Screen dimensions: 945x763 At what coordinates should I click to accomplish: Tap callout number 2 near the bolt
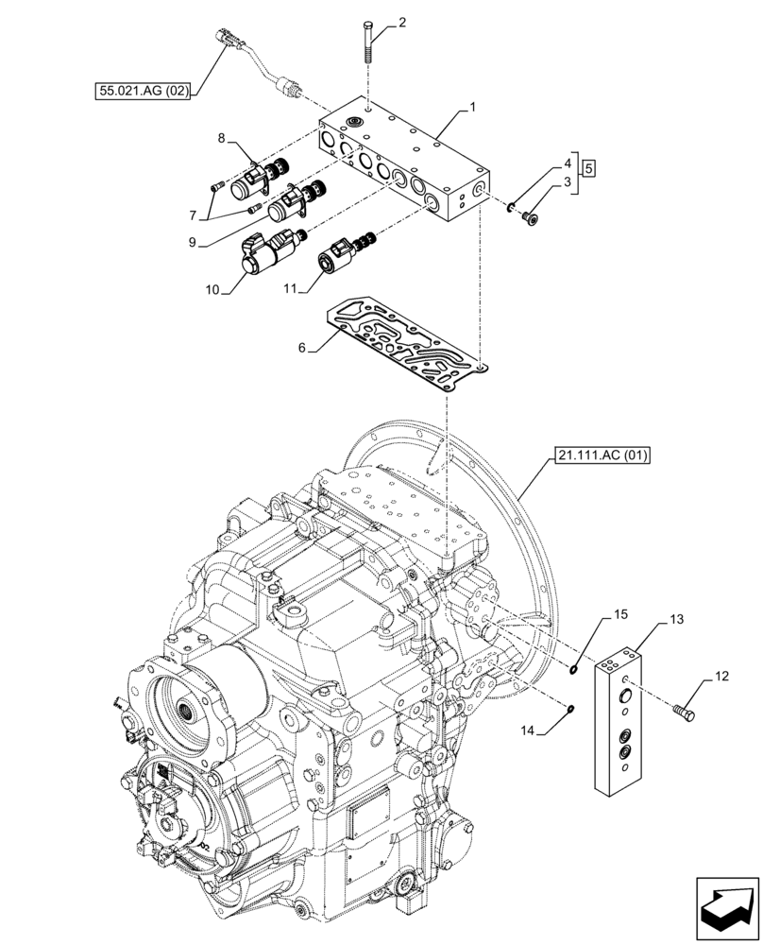[402, 21]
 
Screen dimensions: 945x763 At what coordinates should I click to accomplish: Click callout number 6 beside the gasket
[302, 348]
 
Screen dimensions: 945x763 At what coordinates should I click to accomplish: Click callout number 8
[221, 138]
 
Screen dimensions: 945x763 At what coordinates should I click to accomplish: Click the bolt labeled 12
[687, 712]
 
